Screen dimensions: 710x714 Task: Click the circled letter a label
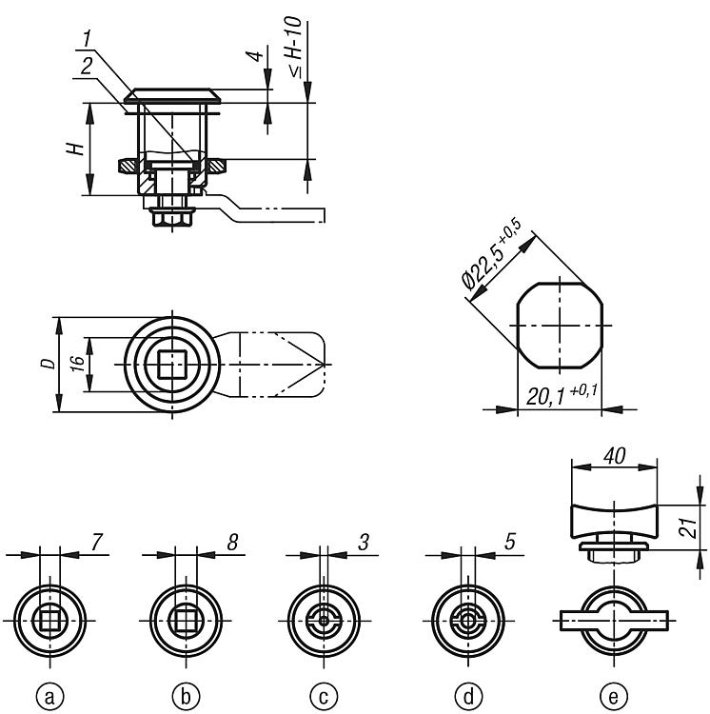click(49, 696)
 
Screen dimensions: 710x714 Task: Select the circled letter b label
click(187, 696)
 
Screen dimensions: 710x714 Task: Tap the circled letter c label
click(324, 696)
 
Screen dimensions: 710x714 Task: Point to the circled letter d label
click(468, 696)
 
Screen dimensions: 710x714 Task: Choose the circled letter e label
click(614, 696)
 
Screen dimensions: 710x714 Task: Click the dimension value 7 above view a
click(97, 542)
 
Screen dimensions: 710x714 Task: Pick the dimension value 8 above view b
click(232, 542)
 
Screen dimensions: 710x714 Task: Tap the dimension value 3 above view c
click(364, 542)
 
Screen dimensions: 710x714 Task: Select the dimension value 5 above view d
click(510, 542)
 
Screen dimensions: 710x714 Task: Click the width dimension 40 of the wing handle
click(615, 456)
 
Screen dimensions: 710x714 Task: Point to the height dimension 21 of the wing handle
click(690, 527)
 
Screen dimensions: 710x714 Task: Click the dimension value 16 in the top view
click(78, 364)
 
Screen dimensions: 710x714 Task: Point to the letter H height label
click(76, 149)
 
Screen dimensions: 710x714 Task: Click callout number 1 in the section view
click(88, 38)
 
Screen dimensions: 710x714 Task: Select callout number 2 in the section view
click(87, 68)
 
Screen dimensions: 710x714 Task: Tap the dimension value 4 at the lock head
click(255, 56)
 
